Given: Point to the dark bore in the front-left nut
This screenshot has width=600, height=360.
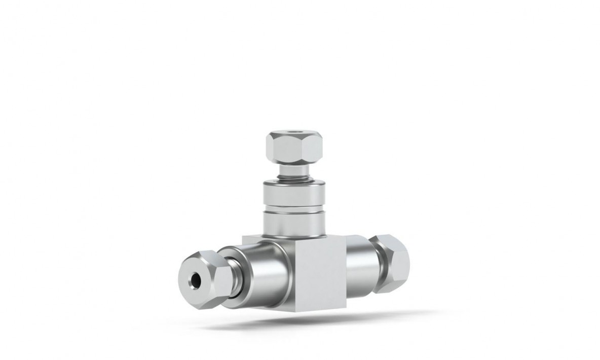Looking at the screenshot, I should coord(194,279).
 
